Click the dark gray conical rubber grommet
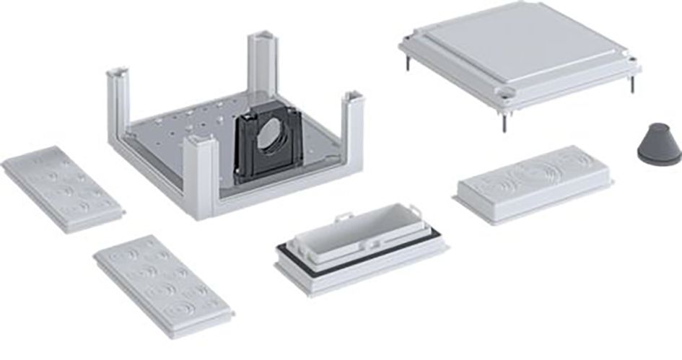pos(657,144)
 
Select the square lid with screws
pos(520,54)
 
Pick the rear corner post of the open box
pos(262,61)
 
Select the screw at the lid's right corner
pos(632,84)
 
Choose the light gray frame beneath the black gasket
pos(361,271)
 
